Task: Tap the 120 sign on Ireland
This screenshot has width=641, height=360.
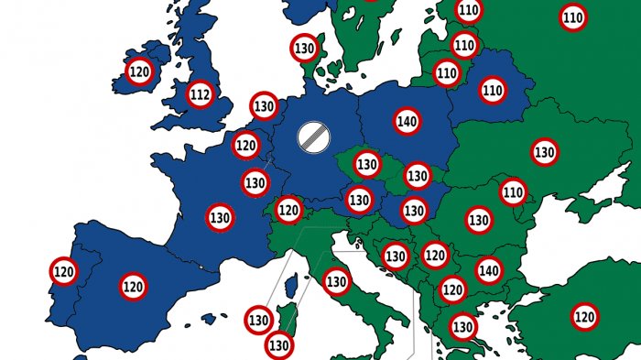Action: [x=139, y=71]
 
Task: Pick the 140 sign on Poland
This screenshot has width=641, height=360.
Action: [x=408, y=120]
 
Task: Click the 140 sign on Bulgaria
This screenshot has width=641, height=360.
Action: [x=489, y=270]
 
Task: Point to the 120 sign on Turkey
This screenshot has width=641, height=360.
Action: [x=584, y=317]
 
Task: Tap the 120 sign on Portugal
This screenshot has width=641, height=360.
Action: [x=64, y=271]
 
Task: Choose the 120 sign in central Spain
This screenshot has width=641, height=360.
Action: [x=133, y=287]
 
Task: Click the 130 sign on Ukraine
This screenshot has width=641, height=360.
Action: [x=545, y=152]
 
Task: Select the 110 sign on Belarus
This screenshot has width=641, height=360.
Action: [x=493, y=90]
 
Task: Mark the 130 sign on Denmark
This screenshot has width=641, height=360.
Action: [x=304, y=48]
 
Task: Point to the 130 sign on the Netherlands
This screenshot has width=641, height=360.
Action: [x=264, y=106]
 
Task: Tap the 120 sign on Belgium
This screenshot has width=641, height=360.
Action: [x=245, y=145]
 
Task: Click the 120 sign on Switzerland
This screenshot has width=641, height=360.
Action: [x=288, y=210]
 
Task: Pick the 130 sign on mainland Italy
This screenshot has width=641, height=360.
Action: [x=337, y=281]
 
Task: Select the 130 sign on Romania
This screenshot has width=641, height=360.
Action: [x=478, y=220]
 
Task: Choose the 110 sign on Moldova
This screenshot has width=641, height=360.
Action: [x=513, y=192]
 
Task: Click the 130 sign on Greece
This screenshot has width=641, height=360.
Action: [x=462, y=325]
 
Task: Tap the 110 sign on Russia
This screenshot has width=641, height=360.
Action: [x=573, y=16]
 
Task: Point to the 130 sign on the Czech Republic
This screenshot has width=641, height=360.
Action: [x=367, y=165]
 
